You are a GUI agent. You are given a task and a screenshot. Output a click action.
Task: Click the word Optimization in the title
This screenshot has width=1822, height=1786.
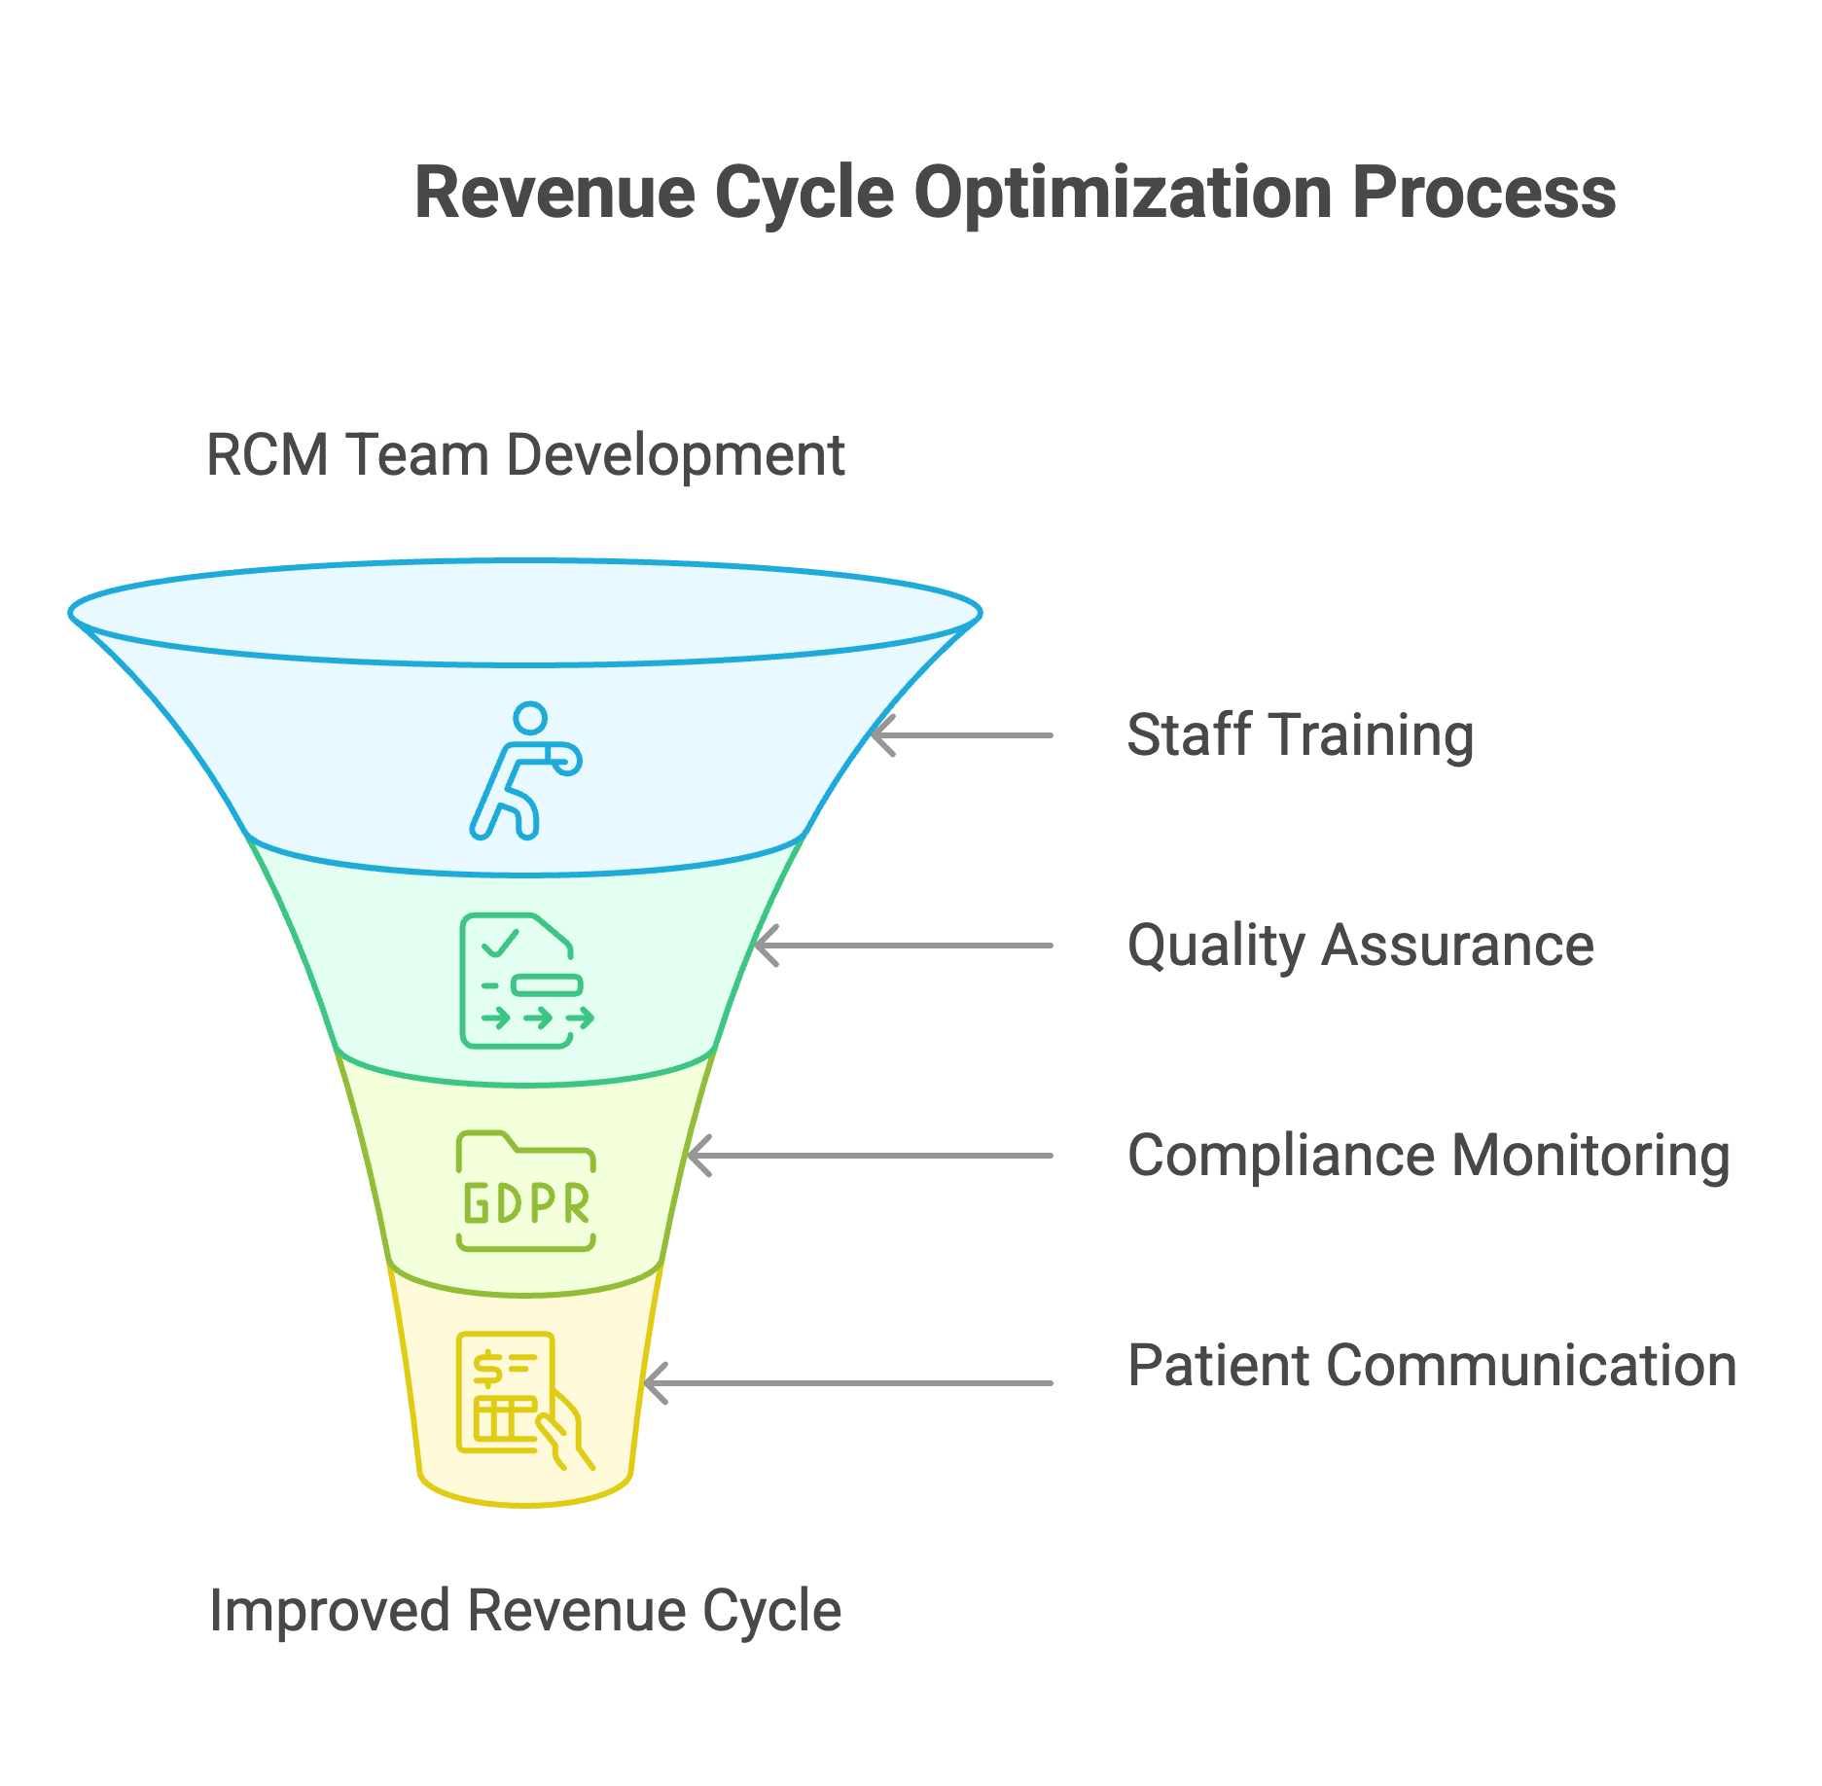[1123, 193]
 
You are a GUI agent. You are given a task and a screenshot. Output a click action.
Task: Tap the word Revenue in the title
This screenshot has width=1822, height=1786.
[555, 193]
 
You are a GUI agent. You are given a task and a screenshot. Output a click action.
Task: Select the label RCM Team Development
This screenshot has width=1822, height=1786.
[525, 454]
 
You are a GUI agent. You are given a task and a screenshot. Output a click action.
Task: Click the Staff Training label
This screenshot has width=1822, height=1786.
[1300, 735]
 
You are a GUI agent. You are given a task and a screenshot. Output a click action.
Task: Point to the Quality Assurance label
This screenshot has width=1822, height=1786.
[1360, 946]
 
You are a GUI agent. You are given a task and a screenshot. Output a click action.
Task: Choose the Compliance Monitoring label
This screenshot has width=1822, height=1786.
[1428, 1156]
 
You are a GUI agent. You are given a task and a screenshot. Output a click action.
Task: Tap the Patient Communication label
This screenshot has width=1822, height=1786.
[1432, 1366]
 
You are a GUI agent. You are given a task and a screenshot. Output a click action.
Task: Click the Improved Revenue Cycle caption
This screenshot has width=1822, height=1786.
[525, 1611]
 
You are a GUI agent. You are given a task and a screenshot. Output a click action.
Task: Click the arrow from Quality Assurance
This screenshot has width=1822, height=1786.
[904, 946]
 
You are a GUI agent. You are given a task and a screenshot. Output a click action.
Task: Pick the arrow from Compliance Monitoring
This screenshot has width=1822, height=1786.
[870, 1156]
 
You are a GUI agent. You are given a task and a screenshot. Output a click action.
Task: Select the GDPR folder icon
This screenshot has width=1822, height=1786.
[525, 1191]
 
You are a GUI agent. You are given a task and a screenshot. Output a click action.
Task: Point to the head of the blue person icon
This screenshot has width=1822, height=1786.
[530, 719]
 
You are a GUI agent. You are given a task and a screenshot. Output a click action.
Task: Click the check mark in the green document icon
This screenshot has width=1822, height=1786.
[500, 944]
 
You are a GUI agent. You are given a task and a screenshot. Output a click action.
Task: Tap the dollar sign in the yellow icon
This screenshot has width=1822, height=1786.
[487, 1368]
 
